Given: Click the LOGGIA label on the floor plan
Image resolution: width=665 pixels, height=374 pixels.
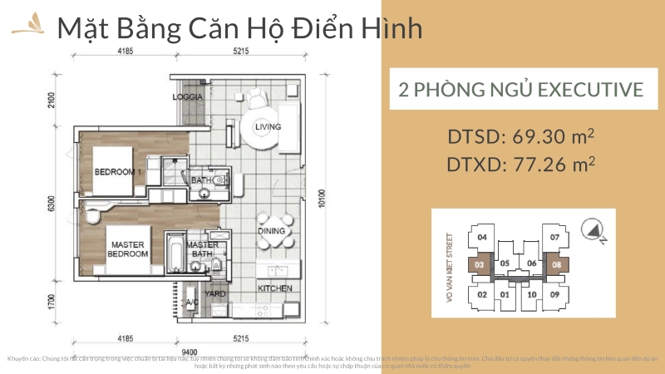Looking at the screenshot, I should [x=189, y=96].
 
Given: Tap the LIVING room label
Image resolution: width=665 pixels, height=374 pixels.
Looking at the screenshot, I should [x=268, y=127].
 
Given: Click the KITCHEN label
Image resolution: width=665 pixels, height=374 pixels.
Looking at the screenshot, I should [x=274, y=288].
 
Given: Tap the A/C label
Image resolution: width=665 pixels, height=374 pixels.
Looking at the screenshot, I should [x=192, y=302].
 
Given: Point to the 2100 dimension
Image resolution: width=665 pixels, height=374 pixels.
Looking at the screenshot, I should [x=52, y=102].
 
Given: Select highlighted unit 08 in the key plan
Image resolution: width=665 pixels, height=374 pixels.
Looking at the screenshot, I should [x=555, y=266].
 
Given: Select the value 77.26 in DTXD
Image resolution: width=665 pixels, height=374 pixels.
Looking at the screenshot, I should [x=539, y=165].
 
